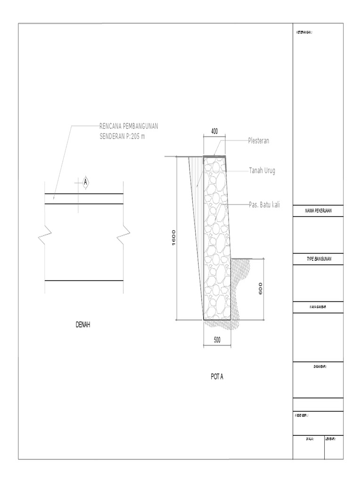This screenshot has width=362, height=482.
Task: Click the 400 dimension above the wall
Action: click(x=214, y=132)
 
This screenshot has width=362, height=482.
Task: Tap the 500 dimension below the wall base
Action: click(x=217, y=340)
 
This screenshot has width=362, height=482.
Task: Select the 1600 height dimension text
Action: click(x=173, y=238)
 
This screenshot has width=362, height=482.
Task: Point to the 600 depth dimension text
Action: click(x=260, y=289)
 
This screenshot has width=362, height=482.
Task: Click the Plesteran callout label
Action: click(x=259, y=141)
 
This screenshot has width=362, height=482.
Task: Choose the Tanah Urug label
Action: click(x=262, y=170)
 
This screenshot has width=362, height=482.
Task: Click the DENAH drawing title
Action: click(x=82, y=325)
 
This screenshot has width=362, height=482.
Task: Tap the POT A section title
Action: click(x=217, y=377)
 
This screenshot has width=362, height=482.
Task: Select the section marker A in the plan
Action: click(x=86, y=181)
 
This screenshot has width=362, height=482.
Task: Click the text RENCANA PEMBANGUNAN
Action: click(x=128, y=126)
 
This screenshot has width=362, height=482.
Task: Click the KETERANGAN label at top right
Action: click(x=304, y=32)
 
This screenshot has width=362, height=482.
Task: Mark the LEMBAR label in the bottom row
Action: click(x=332, y=439)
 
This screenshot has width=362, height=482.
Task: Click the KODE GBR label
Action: click(x=302, y=416)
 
